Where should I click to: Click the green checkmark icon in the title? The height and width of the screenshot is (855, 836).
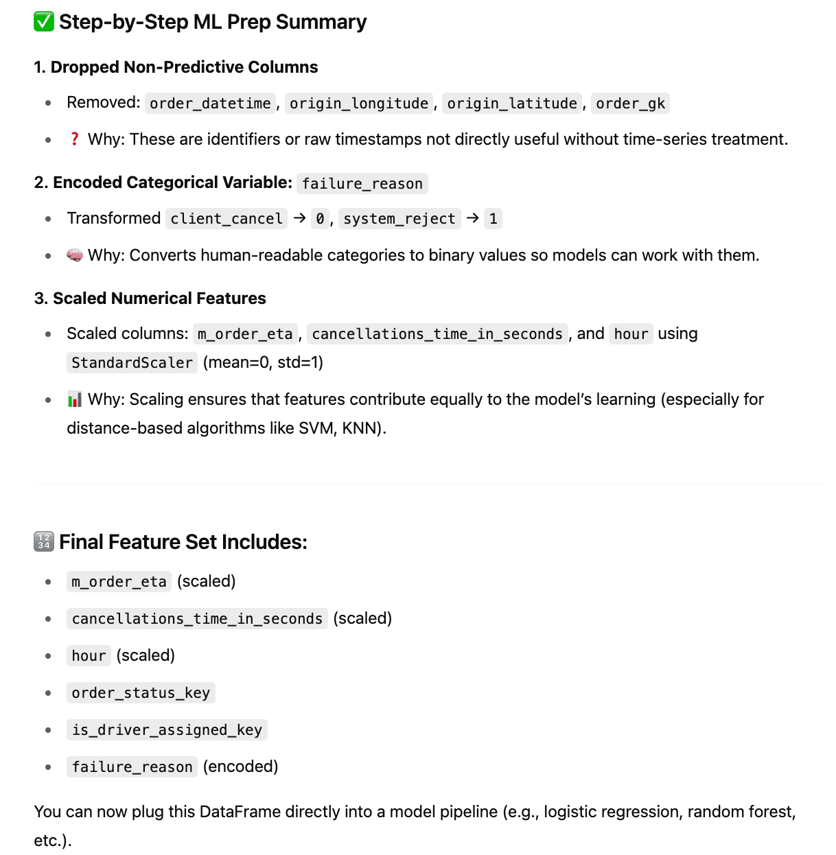pos(44,22)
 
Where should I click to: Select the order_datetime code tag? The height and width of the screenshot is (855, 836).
pos(210,104)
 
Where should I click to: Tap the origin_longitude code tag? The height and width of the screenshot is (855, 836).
pos(359,104)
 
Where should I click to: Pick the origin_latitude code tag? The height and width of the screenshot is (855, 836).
pos(512,104)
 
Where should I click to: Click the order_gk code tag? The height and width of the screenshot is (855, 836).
pos(630,104)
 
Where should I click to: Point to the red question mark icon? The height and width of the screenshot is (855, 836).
pos(75,139)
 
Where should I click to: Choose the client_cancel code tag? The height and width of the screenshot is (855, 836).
pos(227,219)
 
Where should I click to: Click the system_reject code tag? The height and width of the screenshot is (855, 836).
pos(399,219)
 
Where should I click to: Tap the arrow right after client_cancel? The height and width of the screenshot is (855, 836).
pos(300,218)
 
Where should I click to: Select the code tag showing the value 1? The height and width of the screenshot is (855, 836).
pos(493,219)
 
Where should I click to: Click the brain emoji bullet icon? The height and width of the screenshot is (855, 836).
pos(75,255)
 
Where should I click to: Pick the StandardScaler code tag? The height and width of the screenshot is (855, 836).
pos(132,363)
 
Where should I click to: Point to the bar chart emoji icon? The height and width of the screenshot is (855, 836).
pos(75,399)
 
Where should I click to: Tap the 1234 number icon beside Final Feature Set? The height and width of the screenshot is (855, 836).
pos(44,542)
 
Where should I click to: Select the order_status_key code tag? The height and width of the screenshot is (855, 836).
pos(141,693)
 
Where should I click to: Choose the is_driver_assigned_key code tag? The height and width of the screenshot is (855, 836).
pos(167,730)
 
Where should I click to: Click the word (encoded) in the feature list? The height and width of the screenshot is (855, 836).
pos(241,766)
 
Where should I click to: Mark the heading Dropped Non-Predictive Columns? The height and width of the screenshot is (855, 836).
pos(184,67)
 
